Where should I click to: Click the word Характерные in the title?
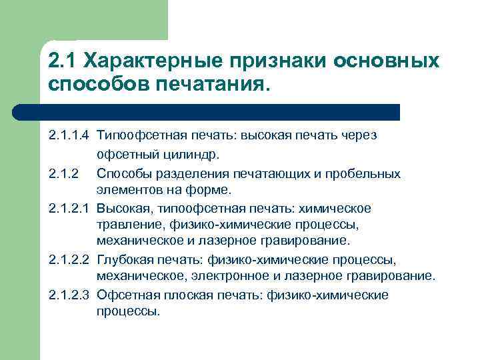(150, 61)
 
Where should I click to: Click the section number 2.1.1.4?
(69, 135)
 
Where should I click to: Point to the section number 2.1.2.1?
(69, 209)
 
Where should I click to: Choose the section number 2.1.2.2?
(69, 259)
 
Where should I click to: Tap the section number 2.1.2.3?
(69, 295)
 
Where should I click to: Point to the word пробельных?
(369, 173)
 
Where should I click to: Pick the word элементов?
(126, 190)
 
